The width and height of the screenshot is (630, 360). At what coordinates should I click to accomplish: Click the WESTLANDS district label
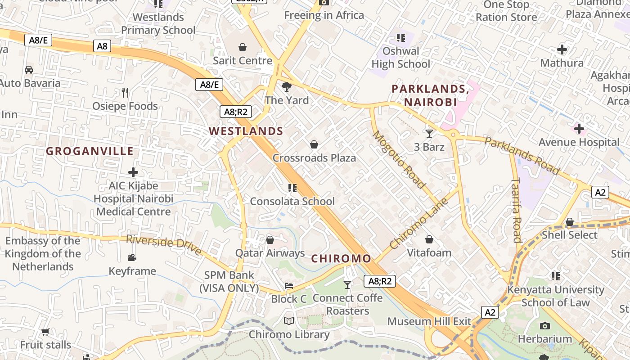(246, 131)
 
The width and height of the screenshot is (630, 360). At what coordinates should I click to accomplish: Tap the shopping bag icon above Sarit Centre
(243, 47)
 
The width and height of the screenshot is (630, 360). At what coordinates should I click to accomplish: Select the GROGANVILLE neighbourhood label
(90, 151)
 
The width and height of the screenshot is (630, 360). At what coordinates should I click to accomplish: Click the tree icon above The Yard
(286, 86)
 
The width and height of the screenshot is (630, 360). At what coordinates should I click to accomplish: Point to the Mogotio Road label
(399, 159)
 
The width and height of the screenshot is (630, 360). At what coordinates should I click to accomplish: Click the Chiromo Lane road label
(419, 223)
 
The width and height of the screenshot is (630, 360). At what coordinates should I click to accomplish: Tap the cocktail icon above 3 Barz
(429, 133)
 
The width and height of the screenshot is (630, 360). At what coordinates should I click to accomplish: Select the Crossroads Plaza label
(314, 158)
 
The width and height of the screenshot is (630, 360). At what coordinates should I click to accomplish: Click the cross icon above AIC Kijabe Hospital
(133, 172)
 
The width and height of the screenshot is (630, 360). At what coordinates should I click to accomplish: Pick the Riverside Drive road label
(164, 244)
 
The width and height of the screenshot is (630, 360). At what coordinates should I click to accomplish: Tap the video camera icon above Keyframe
(132, 257)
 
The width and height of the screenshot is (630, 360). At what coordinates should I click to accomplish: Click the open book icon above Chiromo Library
(289, 321)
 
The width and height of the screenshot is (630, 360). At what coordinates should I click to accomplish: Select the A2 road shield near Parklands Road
(600, 193)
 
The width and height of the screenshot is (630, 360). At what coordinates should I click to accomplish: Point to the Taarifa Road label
(516, 209)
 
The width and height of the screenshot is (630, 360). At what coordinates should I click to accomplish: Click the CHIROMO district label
(341, 259)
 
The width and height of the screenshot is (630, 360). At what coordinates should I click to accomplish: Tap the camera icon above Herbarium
(544, 325)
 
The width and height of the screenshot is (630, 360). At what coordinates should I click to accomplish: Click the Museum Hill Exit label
(429, 321)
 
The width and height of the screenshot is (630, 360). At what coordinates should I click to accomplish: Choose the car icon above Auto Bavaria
(29, 69)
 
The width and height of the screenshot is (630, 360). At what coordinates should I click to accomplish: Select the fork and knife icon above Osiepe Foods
(125, 93)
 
